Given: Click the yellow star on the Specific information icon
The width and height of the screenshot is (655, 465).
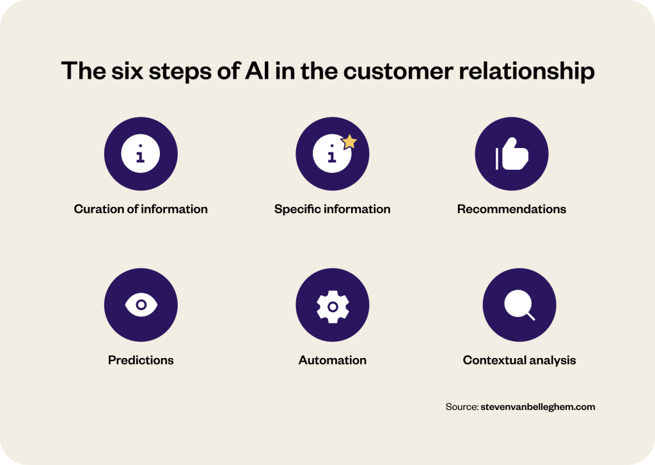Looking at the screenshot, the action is pos(349,142).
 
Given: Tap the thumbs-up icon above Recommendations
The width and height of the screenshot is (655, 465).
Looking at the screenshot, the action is pos(512,154).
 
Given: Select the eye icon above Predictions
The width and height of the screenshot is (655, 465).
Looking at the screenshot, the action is pos(141,305).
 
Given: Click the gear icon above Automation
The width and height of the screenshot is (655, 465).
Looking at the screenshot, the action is pos(333,307).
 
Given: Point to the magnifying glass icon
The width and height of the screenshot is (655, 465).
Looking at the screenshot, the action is pos(519,306).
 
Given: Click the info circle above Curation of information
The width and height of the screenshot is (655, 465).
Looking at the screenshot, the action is pos(140,154).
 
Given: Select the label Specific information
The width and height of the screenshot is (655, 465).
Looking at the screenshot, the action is pos(332,209).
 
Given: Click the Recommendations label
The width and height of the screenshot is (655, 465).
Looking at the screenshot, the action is pos(512,209).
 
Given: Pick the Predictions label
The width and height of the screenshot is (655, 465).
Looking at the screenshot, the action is pos(141,360).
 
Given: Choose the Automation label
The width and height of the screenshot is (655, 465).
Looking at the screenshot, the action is pos(333,360).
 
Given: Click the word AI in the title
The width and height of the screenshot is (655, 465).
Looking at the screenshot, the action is pos(257,70).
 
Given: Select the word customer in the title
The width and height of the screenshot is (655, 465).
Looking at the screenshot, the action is pos(398,71).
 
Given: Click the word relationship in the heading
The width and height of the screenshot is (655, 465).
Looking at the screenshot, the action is pos(527,71).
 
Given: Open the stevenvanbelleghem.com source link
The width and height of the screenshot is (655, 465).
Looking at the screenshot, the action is pos(537,407).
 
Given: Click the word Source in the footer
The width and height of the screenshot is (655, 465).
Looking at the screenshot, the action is pos(462,407).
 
